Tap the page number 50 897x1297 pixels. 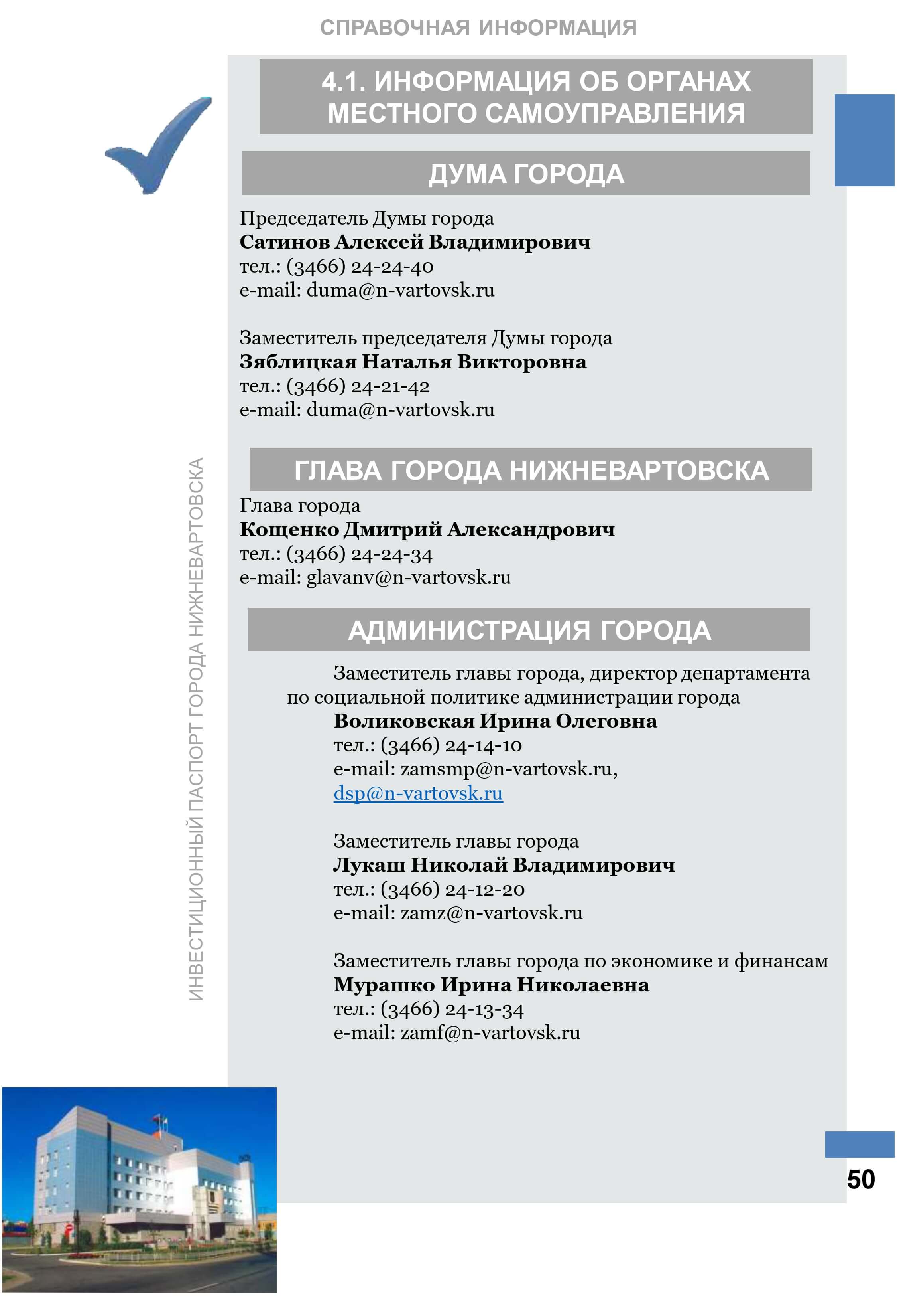coord(860,1179)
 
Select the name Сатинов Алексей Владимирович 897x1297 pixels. coord(415,242)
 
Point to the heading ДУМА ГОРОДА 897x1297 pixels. coord(526,174)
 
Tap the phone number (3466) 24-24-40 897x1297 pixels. coord(360,267)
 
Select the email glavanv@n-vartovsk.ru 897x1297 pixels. coord(408,577)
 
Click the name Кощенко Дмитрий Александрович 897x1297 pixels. coord(427,530)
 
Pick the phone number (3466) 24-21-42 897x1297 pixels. coord(358,386)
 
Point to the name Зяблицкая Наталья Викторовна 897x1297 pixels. coord(413,362)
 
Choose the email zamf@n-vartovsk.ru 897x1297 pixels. coord(490,1033)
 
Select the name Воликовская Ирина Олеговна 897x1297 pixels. coord(495,721)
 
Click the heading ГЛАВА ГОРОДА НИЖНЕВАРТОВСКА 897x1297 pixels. coord(531,470)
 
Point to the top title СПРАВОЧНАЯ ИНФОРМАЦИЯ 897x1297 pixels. coord(478,28)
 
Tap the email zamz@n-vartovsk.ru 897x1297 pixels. coord(491,913)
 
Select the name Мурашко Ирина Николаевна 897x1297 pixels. coord(491,985)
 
